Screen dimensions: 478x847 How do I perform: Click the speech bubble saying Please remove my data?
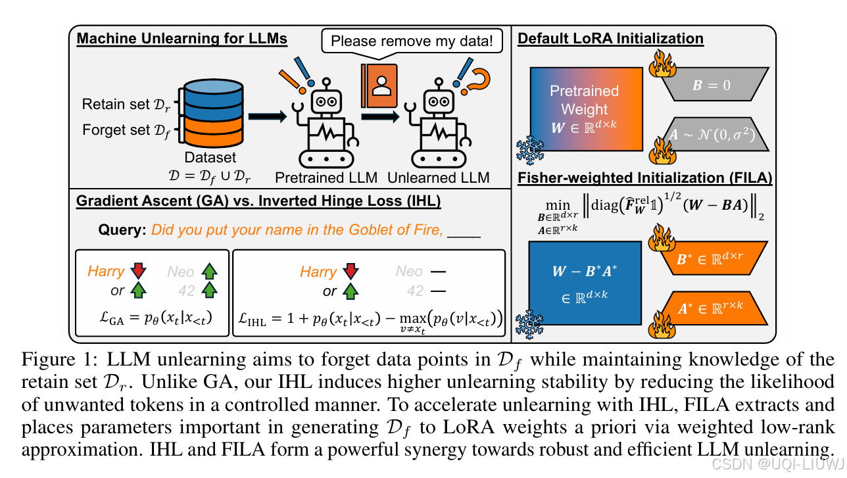[x=411, y=41]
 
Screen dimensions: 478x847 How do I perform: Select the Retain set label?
[x=124, y=104]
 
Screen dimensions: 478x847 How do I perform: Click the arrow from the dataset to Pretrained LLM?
[x=269, y=117]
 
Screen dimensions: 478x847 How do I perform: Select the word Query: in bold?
[x=122, y=230]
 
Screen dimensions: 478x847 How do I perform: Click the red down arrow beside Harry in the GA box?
[x=137, y=271]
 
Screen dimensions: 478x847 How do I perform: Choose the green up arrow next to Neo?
[x=210, y=271]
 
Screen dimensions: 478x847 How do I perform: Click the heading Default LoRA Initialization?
[x=610, y=39]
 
